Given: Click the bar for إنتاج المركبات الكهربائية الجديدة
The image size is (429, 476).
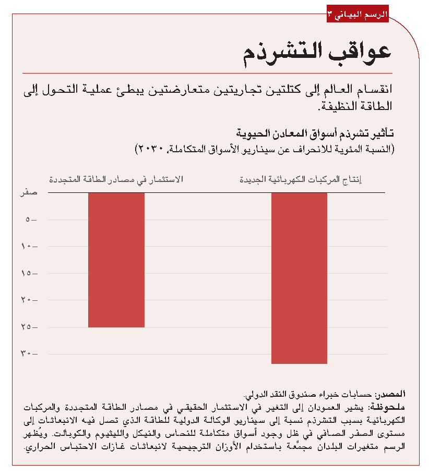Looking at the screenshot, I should tap(299, 278).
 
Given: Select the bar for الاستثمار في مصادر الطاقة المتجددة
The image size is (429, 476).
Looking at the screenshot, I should tap(116, 260).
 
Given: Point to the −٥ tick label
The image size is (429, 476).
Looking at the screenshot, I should tap(31, 220).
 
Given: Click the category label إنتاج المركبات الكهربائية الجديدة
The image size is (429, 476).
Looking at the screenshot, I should tap(301, 180).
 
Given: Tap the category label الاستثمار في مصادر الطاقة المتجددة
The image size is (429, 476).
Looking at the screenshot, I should tap(116, 180).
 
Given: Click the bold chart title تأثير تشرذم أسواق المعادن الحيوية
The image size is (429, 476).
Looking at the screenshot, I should tap(316, 133).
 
